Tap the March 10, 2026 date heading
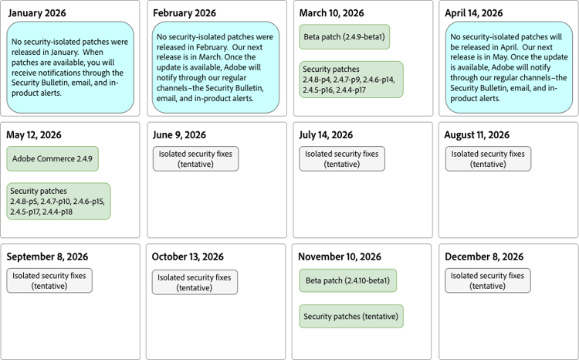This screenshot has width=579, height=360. click(x=333, y=14)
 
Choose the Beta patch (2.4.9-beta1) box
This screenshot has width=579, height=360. click(x=344, y=36)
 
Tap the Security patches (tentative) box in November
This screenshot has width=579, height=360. click(x=351, y=316)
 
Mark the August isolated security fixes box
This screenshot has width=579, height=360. click(x=488, y=158)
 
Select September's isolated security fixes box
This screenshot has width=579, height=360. click(x=49, y=280)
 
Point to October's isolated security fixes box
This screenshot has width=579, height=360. click(x=195, y=281)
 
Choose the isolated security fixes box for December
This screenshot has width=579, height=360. click(x=488, y=280)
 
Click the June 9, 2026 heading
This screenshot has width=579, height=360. click(x=179, y=135)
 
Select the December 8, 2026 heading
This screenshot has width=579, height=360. click(x=484, y=256)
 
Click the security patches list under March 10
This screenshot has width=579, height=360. click(x=351, y=80)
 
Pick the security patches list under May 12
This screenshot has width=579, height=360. click(x=58, y=201)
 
